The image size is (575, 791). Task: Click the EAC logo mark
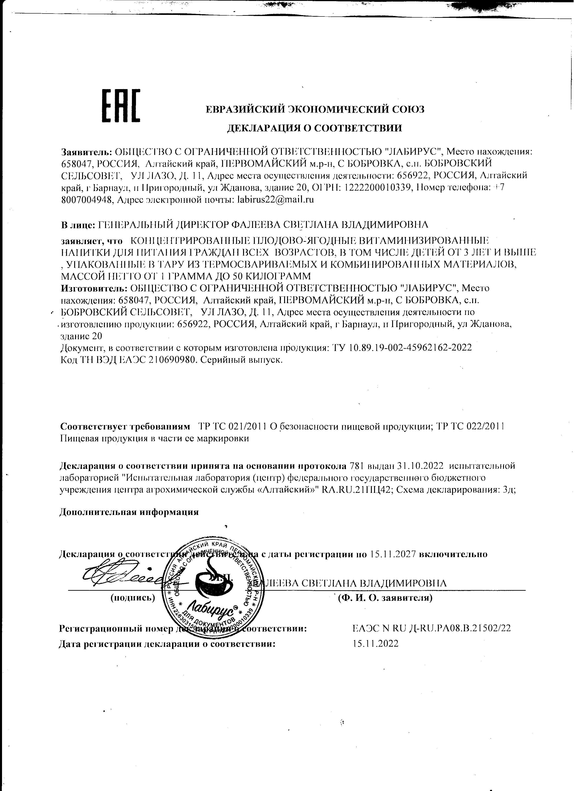121,106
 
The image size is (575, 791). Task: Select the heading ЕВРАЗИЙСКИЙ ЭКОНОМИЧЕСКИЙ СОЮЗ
315,110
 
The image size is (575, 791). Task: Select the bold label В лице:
78,225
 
